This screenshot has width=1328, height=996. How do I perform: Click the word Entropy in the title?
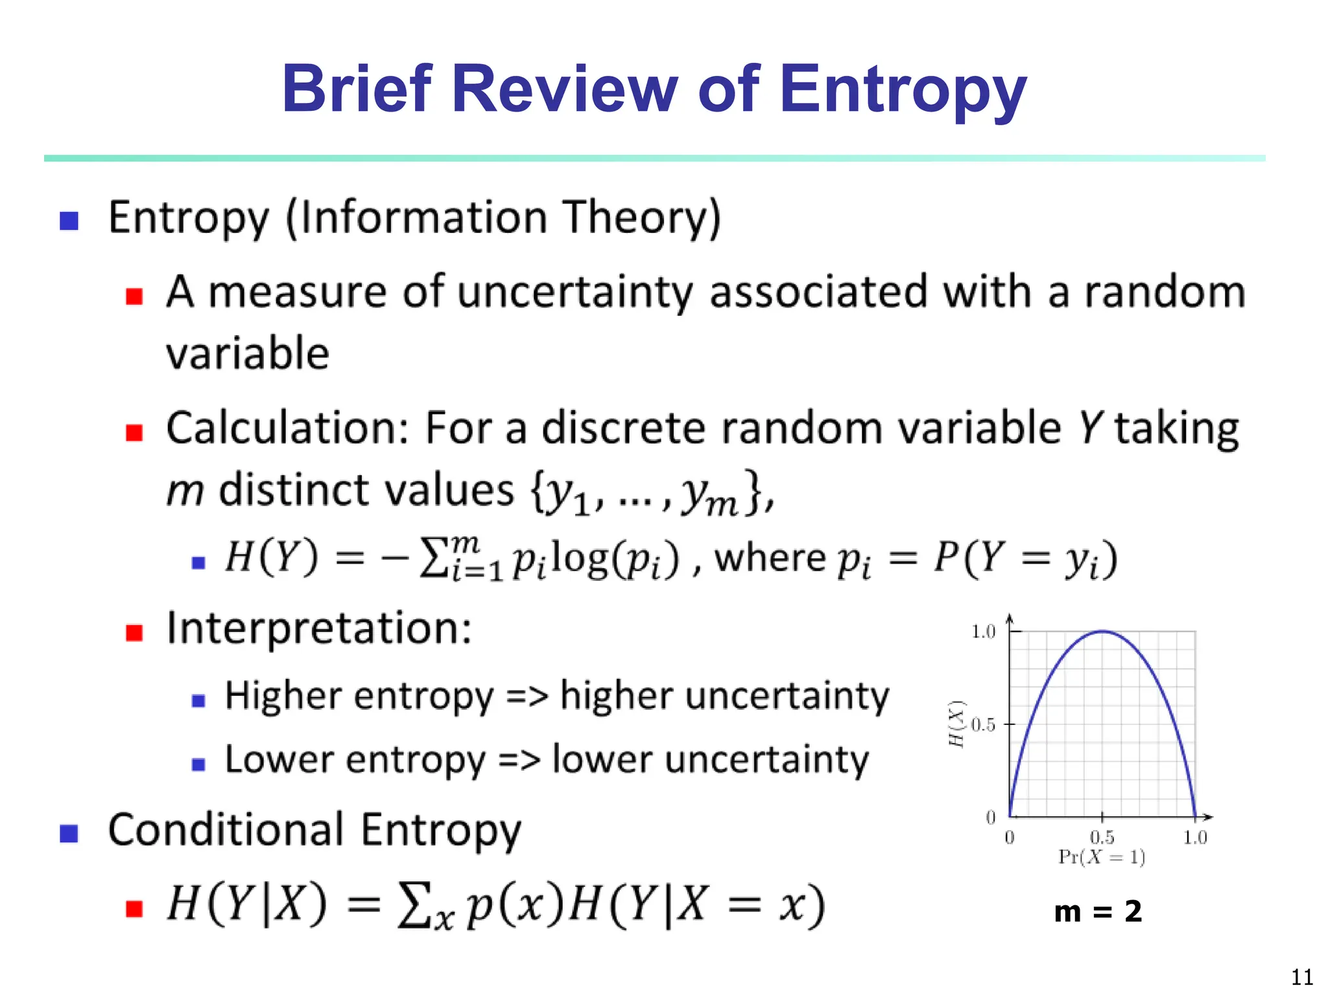(903, 91)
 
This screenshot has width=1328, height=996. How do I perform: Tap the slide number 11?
(1301, 977)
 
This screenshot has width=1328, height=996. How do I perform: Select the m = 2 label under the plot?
(1098, 912)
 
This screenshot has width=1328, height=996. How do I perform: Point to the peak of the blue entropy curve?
(1102, 631)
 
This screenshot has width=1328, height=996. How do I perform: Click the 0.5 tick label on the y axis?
(983, 724)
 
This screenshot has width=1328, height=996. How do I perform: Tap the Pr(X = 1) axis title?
(1102, 857)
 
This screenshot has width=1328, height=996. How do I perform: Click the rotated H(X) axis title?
(956, 724)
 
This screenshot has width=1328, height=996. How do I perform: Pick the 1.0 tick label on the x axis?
(1194, 837)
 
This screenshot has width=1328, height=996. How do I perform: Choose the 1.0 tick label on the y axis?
(983, 632)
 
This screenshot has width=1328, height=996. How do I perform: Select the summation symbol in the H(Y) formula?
(433, 559)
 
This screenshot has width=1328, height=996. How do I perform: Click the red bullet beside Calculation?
(134, 433)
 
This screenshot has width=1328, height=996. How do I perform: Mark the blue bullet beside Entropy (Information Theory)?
(69, 221)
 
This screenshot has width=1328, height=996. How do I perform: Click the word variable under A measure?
(248, 353)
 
